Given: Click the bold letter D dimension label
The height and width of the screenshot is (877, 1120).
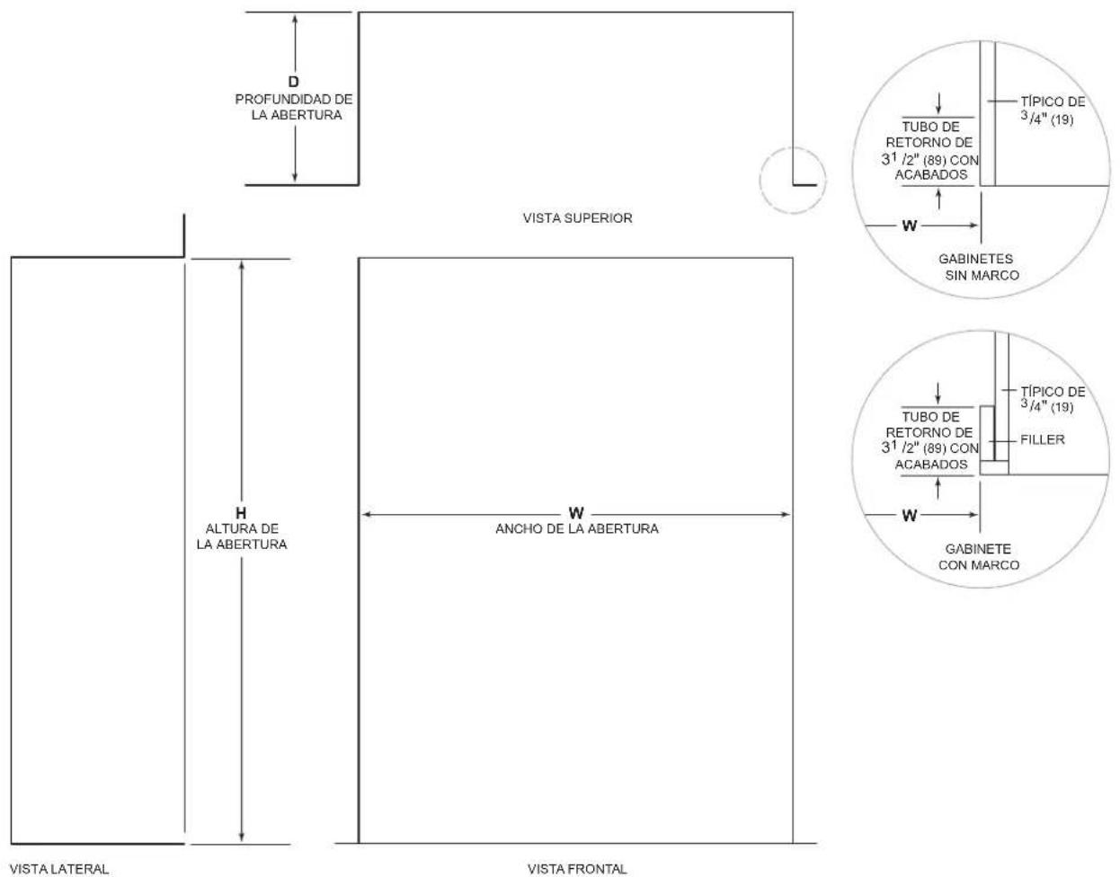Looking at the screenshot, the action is click(x=293, y=82).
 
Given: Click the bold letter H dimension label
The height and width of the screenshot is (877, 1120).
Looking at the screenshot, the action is click(x=241, y=513).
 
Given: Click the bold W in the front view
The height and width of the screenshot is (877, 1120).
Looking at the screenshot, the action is click(x=576, y=513).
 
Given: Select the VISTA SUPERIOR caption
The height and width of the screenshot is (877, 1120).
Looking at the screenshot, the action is click(x=577, y=218).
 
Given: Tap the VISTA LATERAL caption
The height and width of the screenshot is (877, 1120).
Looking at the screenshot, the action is click(x=59, y=869).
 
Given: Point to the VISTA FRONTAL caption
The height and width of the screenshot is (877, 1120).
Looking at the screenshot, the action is click(x=577, y=869).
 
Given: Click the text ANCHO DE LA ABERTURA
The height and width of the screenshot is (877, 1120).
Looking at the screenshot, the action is click(x=577, y=528).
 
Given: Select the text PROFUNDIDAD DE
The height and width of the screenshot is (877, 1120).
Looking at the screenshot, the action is click(x=294, y=99).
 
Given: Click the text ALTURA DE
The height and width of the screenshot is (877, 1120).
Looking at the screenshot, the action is click(x=242, y=528).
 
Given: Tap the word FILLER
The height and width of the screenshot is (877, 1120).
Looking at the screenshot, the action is click(x=1042, y=439).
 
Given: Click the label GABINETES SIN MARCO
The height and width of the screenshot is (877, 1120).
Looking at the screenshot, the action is click(x=978, y=267).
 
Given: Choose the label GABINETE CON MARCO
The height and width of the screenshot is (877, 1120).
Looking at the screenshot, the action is click(x=978, y=557).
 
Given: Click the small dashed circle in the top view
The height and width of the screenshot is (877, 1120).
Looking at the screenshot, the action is click(x=793, y=147).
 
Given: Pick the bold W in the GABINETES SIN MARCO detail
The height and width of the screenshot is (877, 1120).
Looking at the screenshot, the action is click(x=910, y=226).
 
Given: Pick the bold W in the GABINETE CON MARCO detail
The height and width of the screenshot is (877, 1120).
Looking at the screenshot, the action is click(x=910, y=515).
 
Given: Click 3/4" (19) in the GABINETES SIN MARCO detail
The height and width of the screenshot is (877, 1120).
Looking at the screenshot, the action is click(x=1047, y=119).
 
